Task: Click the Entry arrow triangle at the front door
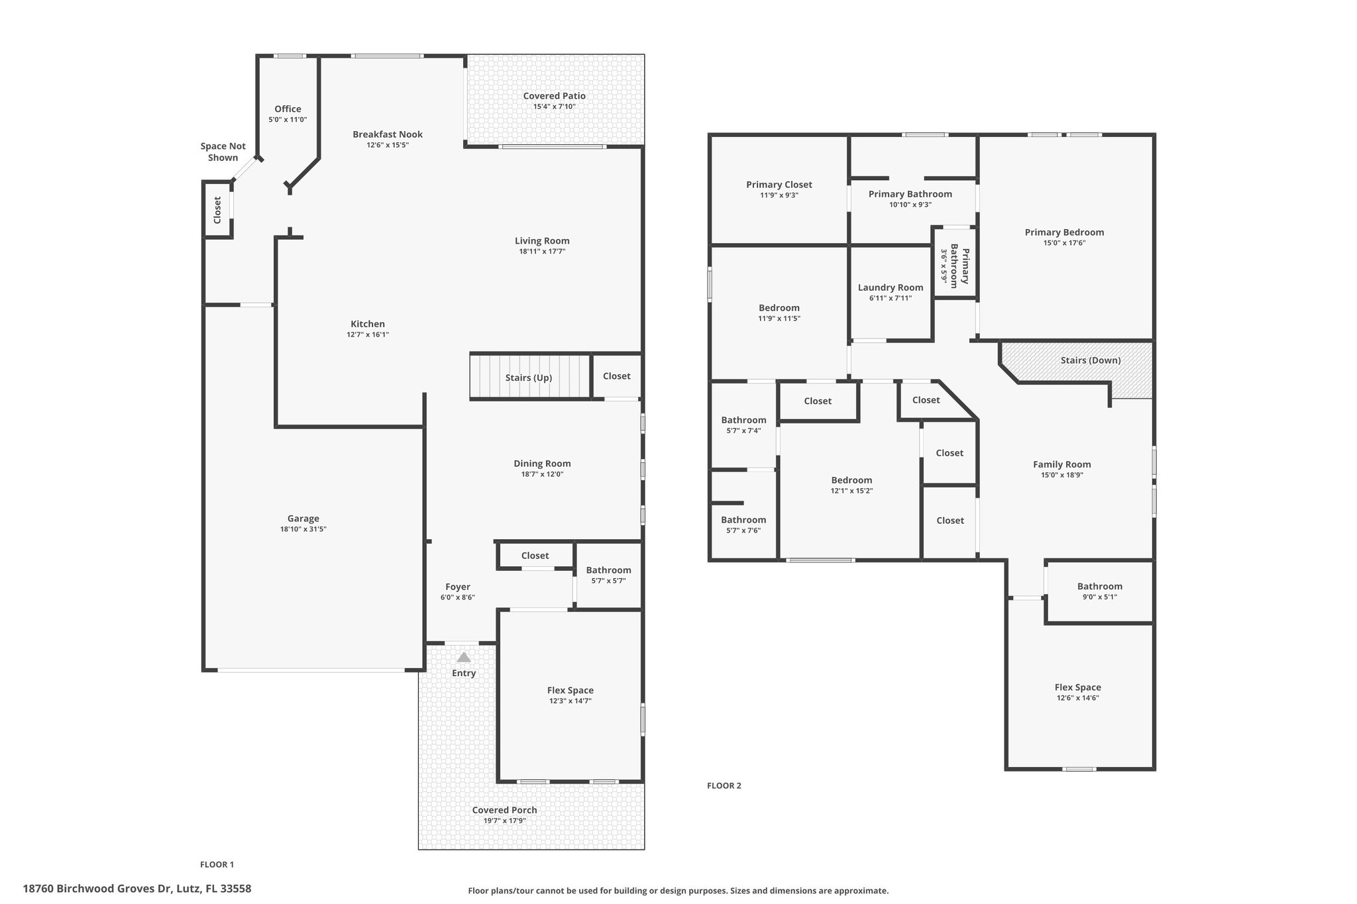[464, 657]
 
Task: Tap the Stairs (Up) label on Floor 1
[529, 377]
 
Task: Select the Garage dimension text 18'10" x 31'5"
[303, 529]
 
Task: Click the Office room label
[288, 109]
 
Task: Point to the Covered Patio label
[555, 95]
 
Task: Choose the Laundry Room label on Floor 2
[891, 287]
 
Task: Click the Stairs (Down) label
[1091, 360]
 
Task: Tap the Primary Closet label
[779, 185]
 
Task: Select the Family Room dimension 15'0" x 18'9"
[1062, 475]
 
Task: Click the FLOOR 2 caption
[724, 785]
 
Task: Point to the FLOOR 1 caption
[217, 864]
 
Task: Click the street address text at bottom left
[137, 889]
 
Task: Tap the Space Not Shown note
[223, 152]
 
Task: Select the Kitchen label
[368, 324]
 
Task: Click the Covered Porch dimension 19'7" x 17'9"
[505, 821]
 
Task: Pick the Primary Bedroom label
[1065, 232]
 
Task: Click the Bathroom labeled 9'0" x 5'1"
[1100, 586]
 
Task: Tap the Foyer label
[458, 587]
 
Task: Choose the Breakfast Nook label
[388, 134]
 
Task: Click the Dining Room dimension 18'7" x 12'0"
[543, 474]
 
